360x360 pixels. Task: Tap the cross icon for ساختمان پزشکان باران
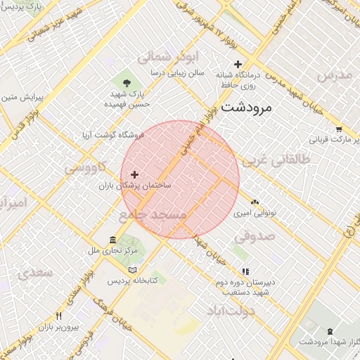(x=134, y=174)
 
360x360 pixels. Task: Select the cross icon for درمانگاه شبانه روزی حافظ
(x=238, y=65)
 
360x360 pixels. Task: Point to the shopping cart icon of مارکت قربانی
(x=340, y=129)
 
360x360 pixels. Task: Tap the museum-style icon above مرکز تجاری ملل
(x=113, y=240)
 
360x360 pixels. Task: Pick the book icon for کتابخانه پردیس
(x=133, y=270)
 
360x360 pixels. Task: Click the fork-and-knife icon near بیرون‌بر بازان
(x=59, y=316)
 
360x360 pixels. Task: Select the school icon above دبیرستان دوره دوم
(x=245, y=271)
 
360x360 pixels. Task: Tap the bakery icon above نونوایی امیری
(x=254, y=202)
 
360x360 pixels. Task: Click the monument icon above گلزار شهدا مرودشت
(x=330, y=330)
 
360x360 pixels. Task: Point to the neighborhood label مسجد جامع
(x=153, y=213)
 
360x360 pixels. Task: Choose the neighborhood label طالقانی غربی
(x=276, y=160)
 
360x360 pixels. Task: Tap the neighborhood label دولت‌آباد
(x=230, y=310)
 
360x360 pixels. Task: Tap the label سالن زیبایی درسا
(x=176, y=72)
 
